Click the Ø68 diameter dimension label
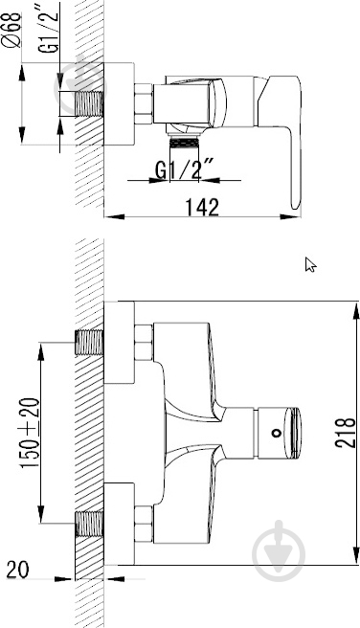point(12,30)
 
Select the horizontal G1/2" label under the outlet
point(185,169)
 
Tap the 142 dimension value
point(202,207)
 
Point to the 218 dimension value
point(345,433)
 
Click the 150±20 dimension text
point(31,433)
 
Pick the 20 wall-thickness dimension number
point(18,570)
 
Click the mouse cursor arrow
point(311,265)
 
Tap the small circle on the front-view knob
point(276,433)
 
